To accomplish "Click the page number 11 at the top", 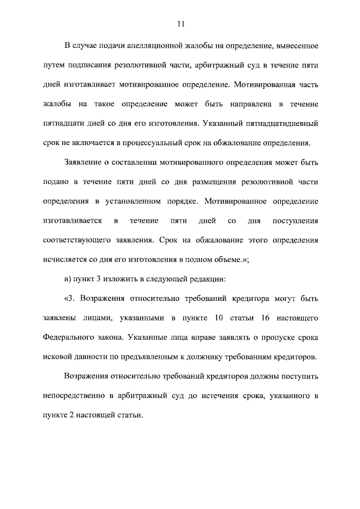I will click(180, 24).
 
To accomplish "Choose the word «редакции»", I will click(209, 280).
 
